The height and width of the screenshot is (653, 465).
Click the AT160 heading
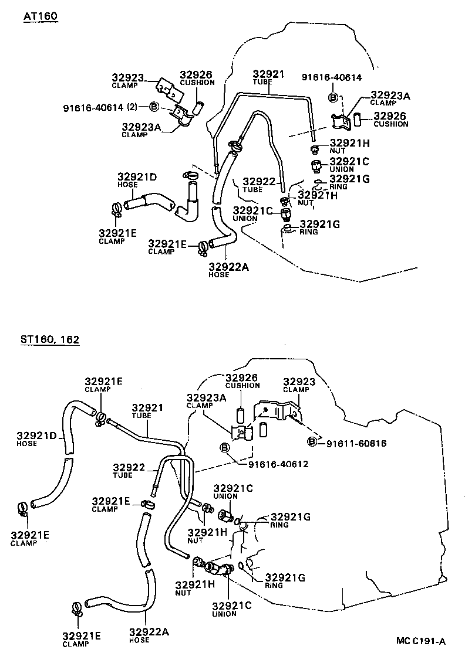coord(41,16)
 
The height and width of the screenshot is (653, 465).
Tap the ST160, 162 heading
coord(50,340)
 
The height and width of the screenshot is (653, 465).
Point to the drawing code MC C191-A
coord(421,641)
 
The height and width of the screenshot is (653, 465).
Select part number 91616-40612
coord(278,464)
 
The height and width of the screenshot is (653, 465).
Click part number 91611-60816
coord(356,444)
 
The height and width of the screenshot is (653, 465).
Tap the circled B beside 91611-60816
coord(312,442)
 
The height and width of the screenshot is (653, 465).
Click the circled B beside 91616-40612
coord(224,448)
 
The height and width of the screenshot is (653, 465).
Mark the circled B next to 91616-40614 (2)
coord(154,107)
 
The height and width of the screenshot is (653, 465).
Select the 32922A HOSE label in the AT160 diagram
coord(228,270)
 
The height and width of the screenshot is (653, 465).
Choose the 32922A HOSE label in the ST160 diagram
coord(149,635)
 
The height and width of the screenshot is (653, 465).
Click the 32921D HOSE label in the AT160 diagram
coord(137,180)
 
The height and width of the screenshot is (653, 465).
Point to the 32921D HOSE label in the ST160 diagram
coord(36,439)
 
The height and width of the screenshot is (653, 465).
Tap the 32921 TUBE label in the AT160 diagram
coord(268,77)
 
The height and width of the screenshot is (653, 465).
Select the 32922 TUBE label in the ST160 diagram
coord(129,471)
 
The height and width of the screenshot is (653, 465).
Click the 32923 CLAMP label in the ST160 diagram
coord(299,385)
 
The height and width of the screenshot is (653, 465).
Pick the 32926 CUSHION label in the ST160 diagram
coord(242,381)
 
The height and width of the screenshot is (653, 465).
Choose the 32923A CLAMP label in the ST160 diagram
coord(207,400)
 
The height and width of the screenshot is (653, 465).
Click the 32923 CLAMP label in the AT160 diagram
coord(127,81)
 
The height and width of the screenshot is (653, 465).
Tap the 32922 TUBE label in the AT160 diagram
coord(259,185)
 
